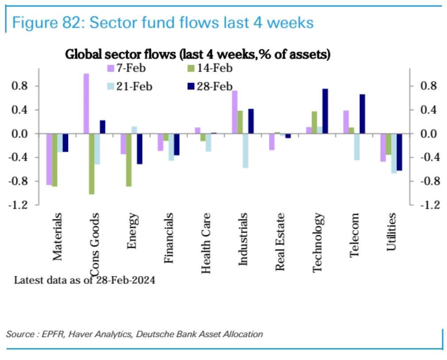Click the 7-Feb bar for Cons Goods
click(86, 103)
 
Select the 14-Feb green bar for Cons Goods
click(92, 164)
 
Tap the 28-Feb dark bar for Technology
click(325, 111)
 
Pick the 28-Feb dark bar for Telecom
click(362, 114)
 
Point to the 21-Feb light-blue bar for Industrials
click(245, 150)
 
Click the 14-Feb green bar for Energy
click(129, 160)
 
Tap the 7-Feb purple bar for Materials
click(49, 159)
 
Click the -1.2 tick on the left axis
click(19, 205)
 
